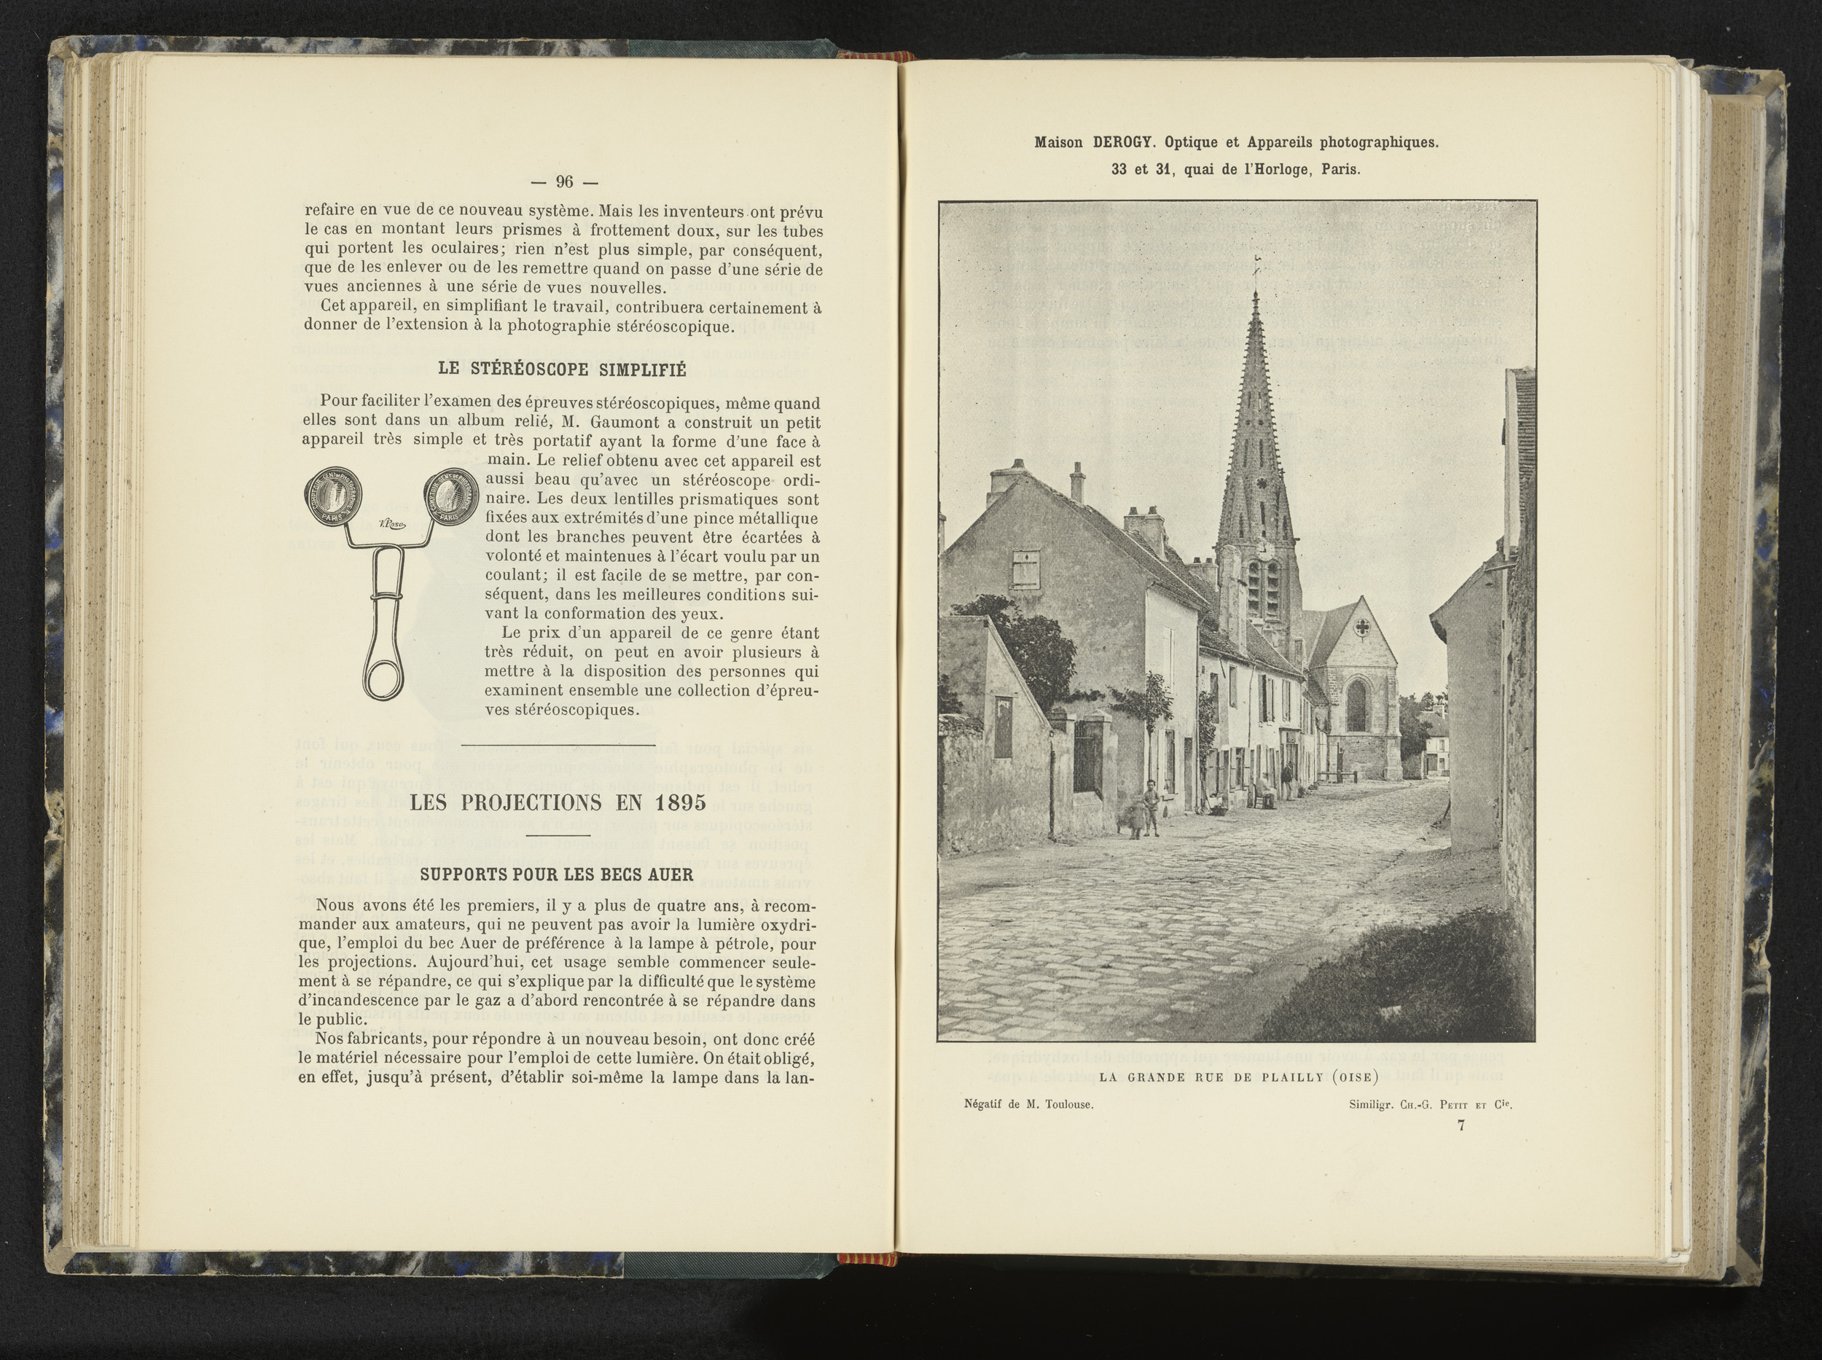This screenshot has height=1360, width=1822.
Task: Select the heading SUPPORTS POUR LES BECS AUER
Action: (x=557, y=875)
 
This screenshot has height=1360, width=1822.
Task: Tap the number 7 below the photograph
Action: (x=1461, y=1127)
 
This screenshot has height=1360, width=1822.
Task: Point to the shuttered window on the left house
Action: (x=1025, y=569)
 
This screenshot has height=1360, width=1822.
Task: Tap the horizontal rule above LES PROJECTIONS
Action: (x=559, y=746)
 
